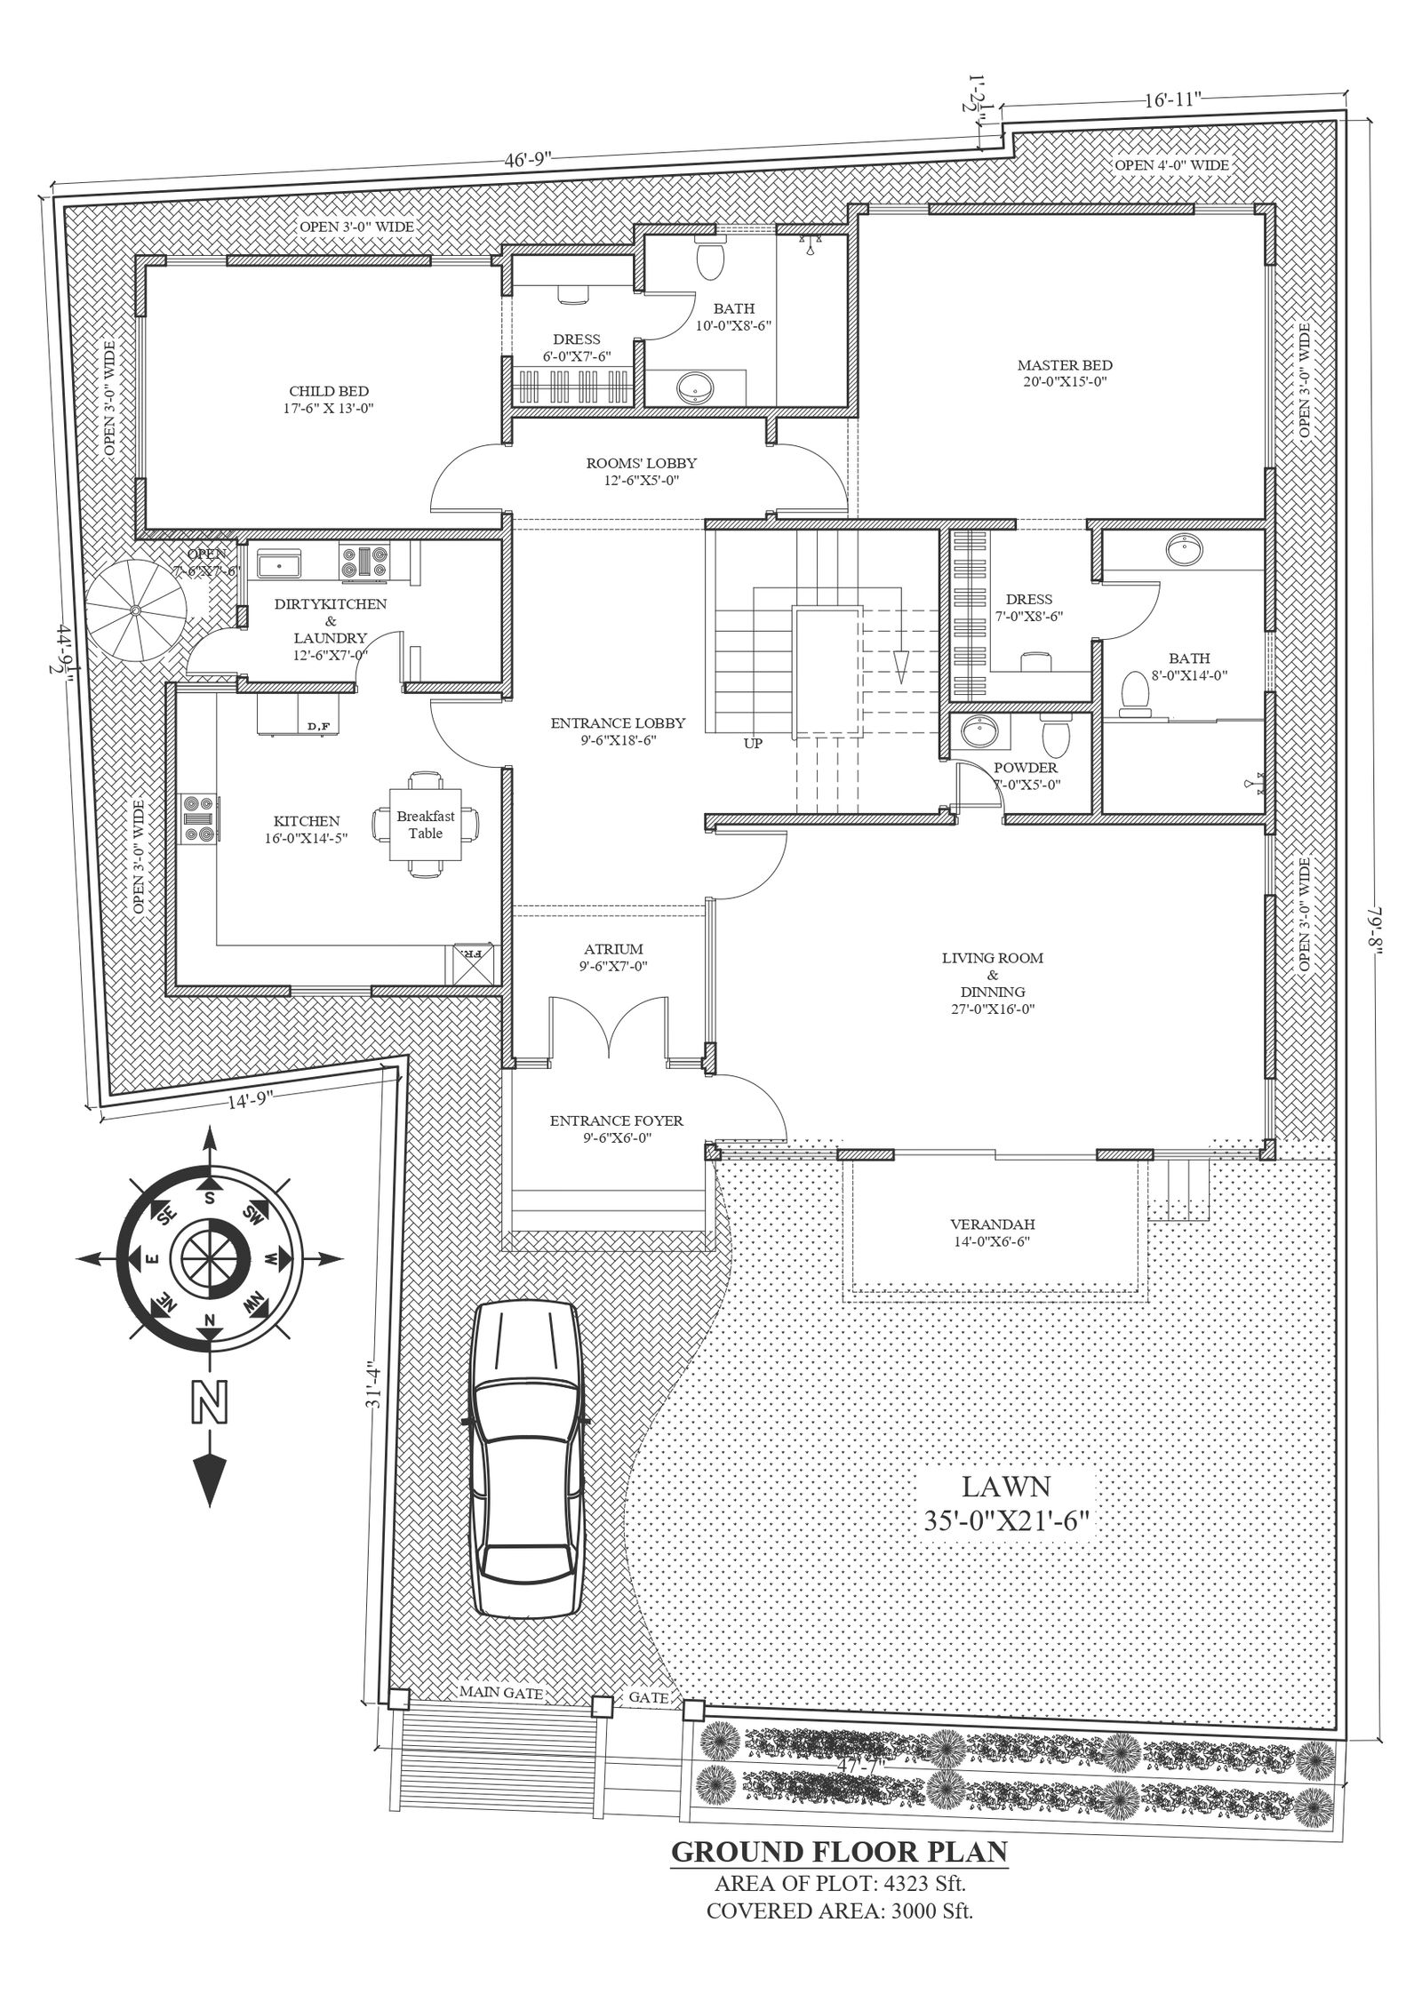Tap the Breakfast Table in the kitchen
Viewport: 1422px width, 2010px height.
426,824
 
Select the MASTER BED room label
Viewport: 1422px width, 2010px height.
1065,365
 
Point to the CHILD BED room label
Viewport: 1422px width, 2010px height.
329,391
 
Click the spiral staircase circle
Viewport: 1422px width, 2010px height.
138,610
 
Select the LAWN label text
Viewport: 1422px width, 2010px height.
1006,1486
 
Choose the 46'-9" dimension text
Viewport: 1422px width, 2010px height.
528,160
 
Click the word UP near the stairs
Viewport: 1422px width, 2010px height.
753,744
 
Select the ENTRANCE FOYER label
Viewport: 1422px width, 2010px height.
616,1121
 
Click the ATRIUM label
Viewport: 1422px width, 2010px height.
613,949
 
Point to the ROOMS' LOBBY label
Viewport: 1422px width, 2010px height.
641,463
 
